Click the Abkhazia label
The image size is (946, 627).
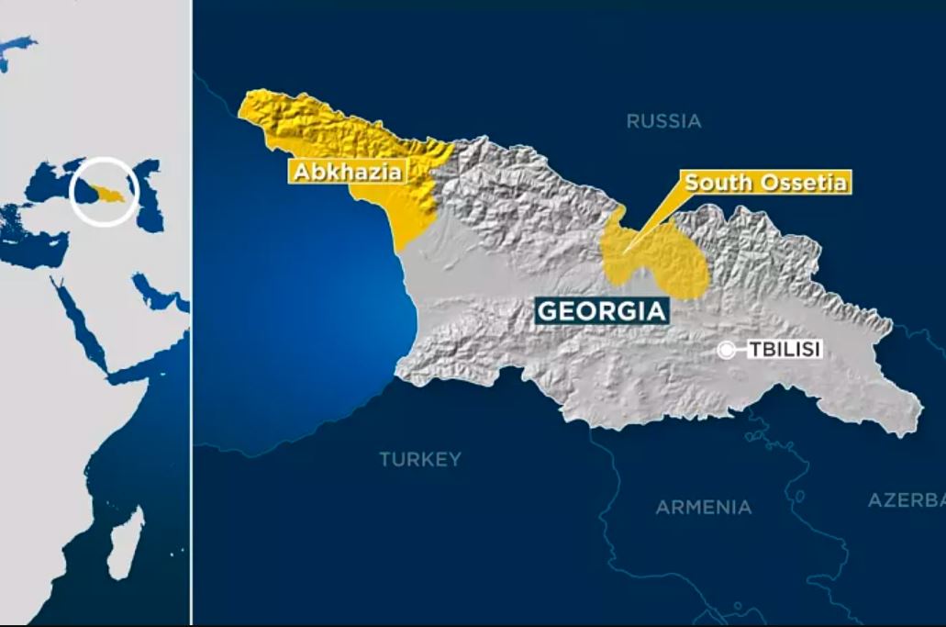[x=348, y=171]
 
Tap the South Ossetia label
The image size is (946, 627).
[x=765, y=182]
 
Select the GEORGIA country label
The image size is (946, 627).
[x=601, y=311]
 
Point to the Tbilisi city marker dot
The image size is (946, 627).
[x=727, y=350]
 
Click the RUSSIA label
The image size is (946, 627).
[x=663, y=120]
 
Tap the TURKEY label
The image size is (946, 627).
[x=420, y=459]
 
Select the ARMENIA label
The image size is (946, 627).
[x=703, y=507]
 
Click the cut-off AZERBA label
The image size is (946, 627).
[x=907, y=500]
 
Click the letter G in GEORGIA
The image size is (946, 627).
[x=548, y=311]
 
